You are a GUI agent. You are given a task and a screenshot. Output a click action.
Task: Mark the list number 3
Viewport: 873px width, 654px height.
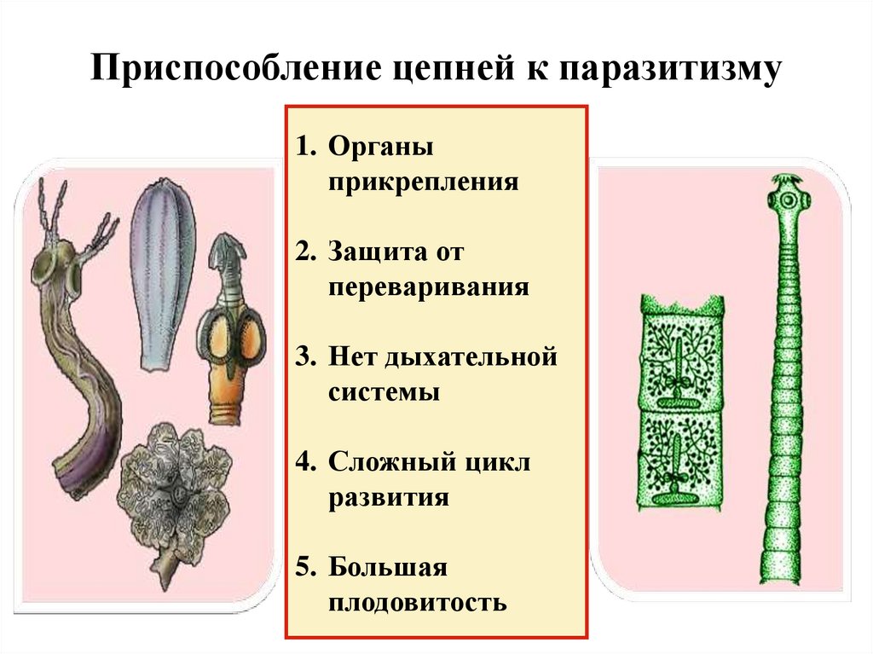pyautogui.click(x=305, y=356)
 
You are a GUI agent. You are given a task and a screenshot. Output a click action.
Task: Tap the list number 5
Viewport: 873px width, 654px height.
pyautogui.click(x=305, y=567)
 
